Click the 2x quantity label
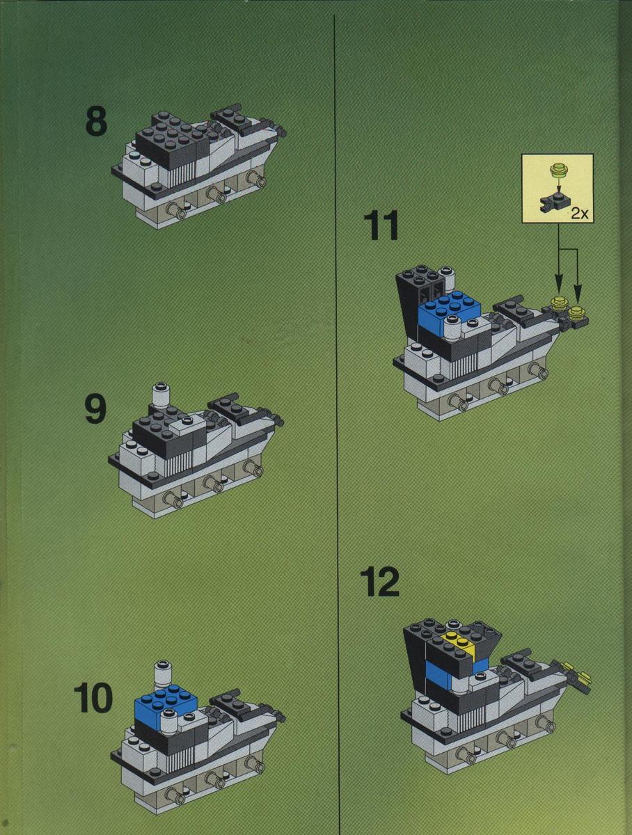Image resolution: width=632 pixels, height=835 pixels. pyautogui.click(x=580, y=214)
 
